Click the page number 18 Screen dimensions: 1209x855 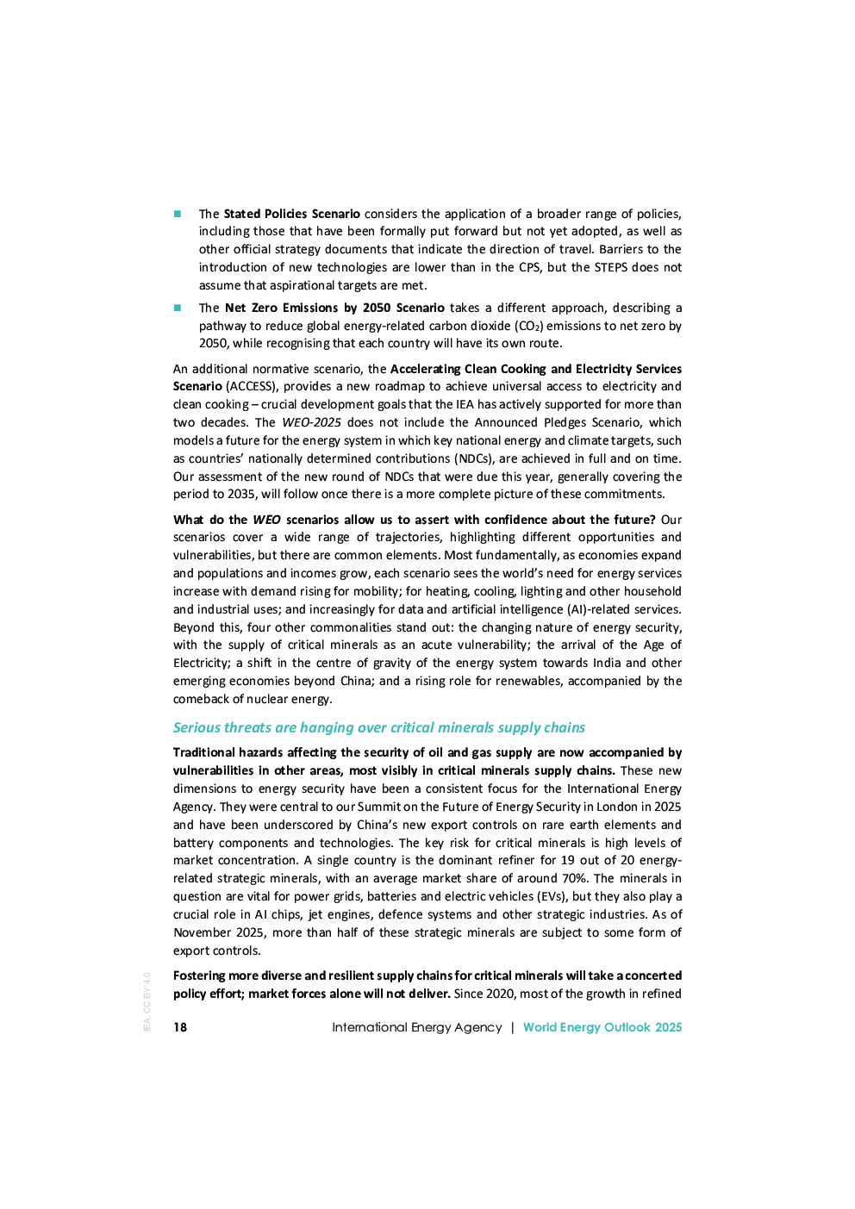pos(180,1027)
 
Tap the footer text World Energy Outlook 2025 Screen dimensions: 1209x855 pos(602,1027)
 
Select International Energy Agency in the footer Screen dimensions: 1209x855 pos(416,1027)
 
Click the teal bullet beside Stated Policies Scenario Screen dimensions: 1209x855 pos(178,214)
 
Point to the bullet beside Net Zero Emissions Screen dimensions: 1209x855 pos(178,308)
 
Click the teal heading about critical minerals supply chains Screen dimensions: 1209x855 pos(378,727)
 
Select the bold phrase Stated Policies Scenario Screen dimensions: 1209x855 pos(291,214)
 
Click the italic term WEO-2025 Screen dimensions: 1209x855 pos(311,422)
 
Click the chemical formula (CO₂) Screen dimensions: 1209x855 pos(529,326)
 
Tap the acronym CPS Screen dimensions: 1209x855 pos(529,267)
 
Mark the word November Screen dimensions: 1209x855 pos(203,932)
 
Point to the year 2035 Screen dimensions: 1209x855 pos(241,494)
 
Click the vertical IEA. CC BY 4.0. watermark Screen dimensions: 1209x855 pos(147,1001)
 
